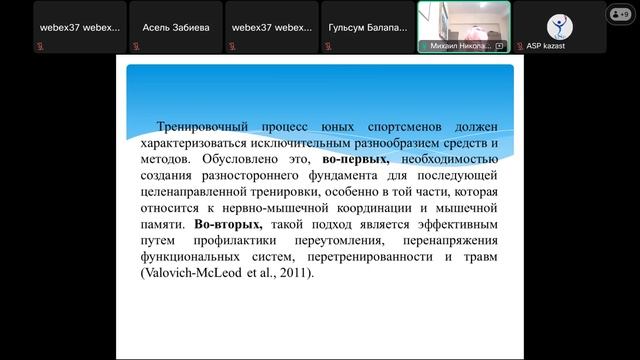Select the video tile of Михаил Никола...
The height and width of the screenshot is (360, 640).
(463, 26)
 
